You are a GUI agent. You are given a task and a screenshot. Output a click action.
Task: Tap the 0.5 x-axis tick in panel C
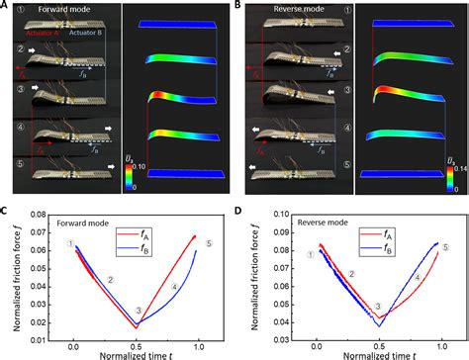click(x=137, y=337)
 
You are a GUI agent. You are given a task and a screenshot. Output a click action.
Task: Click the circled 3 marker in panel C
click(x=139, y=311)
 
